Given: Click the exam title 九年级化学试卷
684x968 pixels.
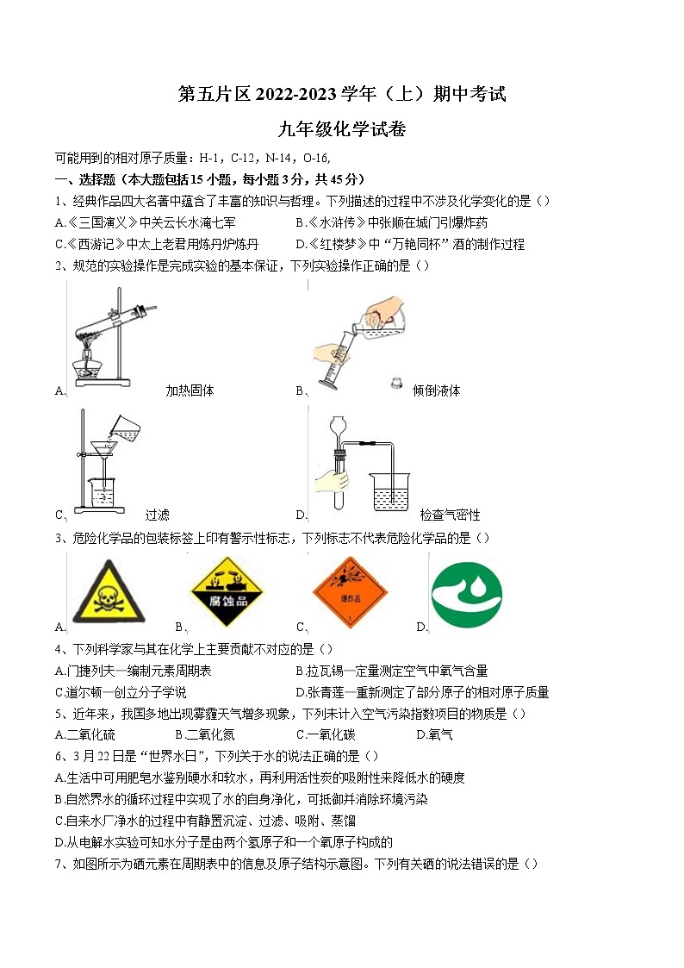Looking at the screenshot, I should click(342, 130).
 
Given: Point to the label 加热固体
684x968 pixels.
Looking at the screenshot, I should click(190, 390).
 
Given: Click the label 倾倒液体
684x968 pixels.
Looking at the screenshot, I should click(436, 390).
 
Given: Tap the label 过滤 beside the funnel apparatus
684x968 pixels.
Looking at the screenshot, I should click(157, 515).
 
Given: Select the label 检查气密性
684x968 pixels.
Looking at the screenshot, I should click(450, 515).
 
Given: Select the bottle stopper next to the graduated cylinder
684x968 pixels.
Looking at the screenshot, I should click(396, 382).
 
